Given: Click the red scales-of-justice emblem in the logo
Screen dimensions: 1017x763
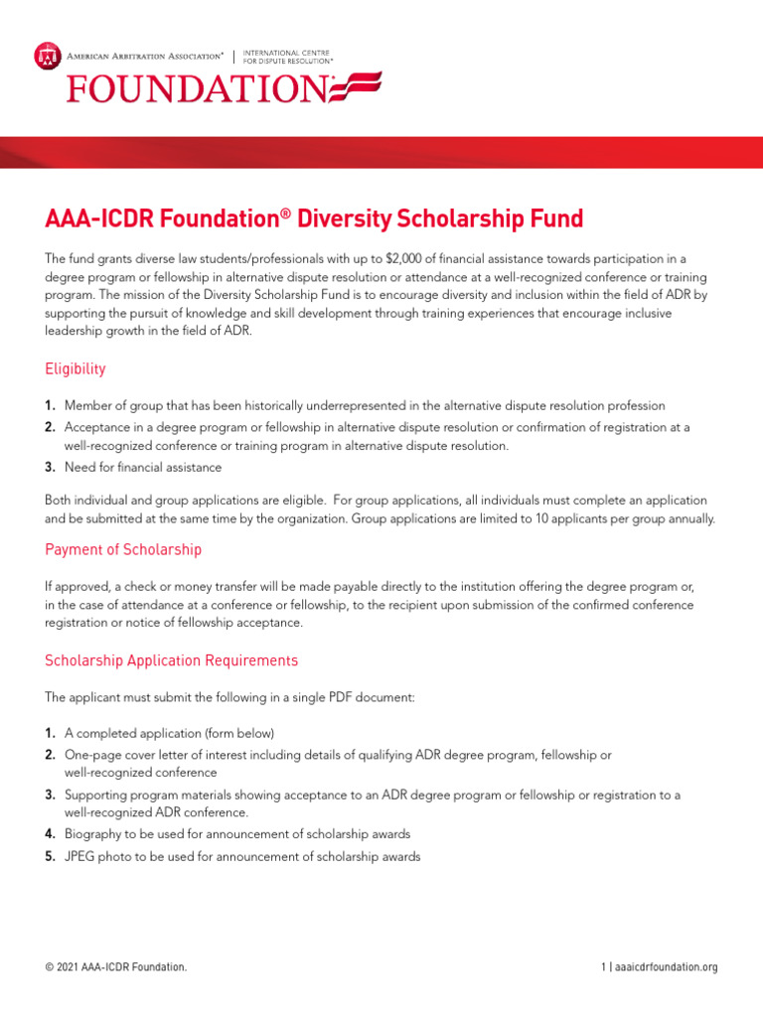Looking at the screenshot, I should click(47, 56).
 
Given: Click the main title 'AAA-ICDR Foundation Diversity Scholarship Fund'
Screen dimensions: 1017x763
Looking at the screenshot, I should click(314, 218).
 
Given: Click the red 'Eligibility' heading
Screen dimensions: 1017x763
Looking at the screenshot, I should click(76, 368).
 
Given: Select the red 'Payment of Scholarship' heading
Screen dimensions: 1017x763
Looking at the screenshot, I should click(123, 549).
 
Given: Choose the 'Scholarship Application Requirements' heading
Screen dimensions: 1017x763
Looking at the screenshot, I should click(171, 660).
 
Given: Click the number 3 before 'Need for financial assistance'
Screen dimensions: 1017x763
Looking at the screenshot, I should click(50, 467).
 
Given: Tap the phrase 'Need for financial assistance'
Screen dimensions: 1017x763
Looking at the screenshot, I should click(143, 467).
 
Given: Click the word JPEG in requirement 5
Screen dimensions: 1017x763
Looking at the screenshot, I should click(81, 856).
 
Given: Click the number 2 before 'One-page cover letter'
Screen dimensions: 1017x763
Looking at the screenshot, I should click(50, 755).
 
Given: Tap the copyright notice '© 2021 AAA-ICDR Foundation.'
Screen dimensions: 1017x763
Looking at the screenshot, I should click(115, 967).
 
